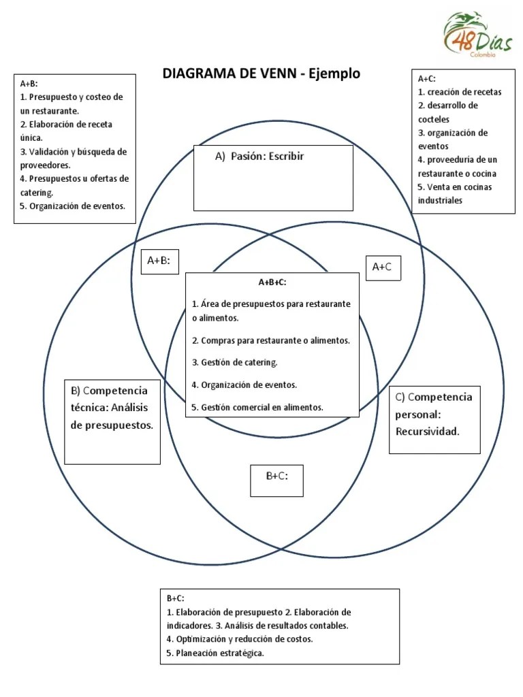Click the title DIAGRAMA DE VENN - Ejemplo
[261, 74]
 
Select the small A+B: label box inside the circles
[159, 260]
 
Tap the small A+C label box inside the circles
[383, 268]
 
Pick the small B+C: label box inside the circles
[276, 476]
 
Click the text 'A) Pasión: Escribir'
[259, 157]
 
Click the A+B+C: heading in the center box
[272, 282]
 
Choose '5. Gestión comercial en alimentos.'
[257, 407]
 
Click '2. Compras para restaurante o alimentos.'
[270, 340]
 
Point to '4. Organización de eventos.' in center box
[244, 385]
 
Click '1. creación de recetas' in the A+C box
[460, 92]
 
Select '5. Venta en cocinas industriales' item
[455, 193]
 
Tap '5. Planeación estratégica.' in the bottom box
[215, 653]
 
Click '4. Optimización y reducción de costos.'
[240, 639]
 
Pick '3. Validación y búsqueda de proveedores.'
[73, 158]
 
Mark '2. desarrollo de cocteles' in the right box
[447, 112]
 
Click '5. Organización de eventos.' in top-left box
[73, 206]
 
